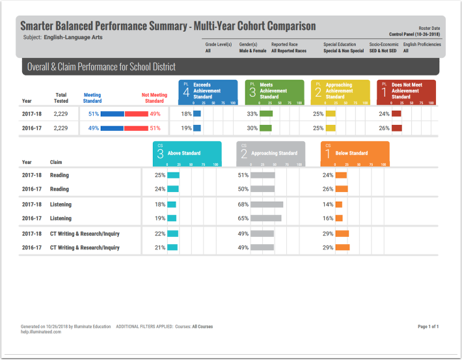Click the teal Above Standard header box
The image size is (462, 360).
[187, 154]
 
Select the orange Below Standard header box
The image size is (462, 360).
[355, 154]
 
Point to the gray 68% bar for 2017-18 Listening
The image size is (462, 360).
[267, 204]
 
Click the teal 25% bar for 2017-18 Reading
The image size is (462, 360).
[173, 175]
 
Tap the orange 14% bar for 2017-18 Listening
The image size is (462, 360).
[338, 204]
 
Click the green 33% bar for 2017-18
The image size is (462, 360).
[265, 114]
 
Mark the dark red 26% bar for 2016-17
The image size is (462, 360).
[396, 128]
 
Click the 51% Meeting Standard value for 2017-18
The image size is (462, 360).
[93, 114]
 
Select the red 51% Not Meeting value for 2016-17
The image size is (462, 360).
[155, 128]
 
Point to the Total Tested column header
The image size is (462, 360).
[61, 98]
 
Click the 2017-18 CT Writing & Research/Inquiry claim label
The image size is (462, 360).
[85, 234]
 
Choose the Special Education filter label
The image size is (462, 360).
[340, 44]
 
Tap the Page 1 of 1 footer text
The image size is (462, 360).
[428, 326]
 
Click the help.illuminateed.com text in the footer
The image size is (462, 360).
[42, 332]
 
